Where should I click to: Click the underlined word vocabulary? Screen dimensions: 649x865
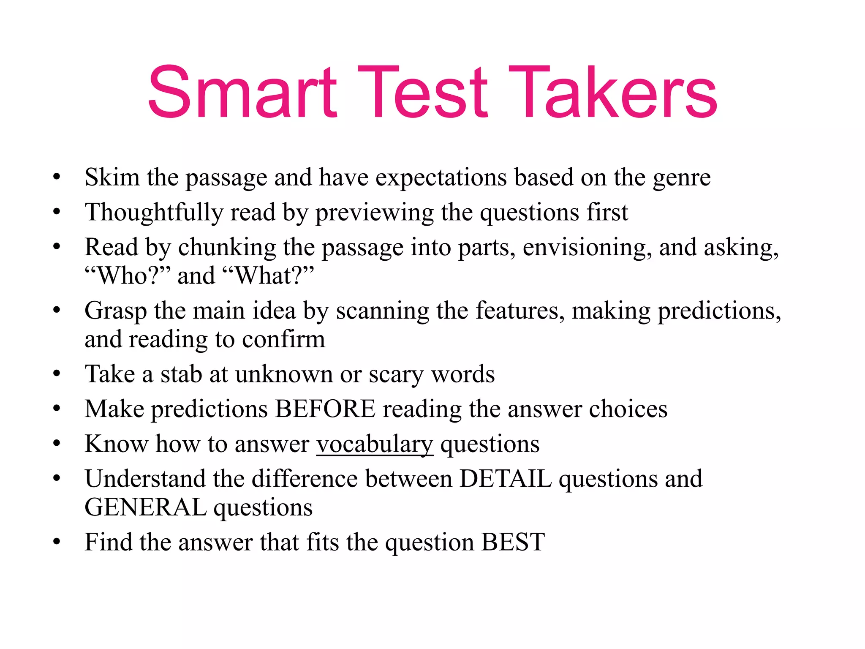(375, 444)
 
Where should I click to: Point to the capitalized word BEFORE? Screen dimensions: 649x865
(325, 409)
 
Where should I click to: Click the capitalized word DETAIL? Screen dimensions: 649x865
(506, 479)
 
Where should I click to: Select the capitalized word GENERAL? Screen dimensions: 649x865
(145, 507)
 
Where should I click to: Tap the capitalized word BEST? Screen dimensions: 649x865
(513, 543)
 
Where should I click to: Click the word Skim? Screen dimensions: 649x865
(112, 177)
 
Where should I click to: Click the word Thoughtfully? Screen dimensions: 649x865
(154, 213)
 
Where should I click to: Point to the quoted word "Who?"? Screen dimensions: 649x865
(128, 276)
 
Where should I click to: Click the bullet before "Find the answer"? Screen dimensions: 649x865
(57, 542)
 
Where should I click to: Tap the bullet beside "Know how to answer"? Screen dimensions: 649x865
(57, 444)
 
